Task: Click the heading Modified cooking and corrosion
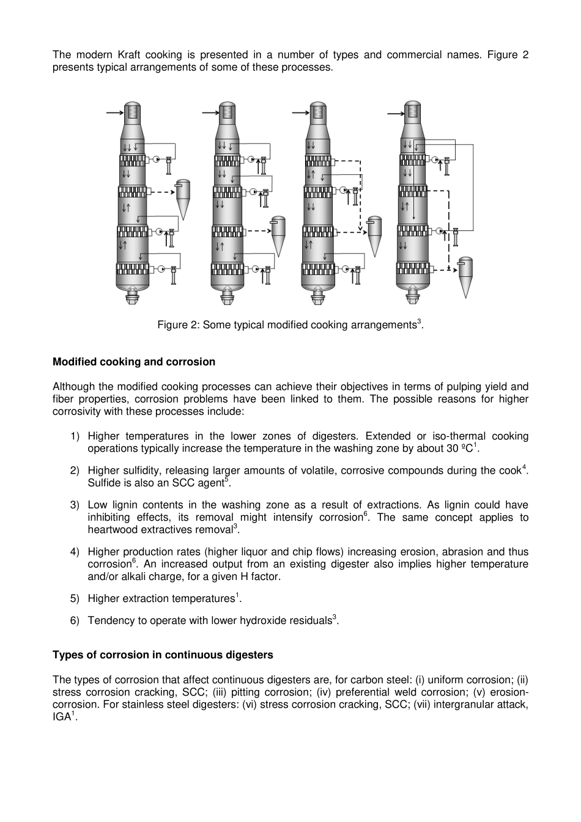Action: click(x=134, y=362)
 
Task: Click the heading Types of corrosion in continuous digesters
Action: click(x=163, y=655)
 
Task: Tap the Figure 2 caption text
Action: click(x=290, y=325)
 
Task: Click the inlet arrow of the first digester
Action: click(x=114, y=112)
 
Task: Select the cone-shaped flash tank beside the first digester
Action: click(x=182, y=199)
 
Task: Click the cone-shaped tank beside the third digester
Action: click(x=374, y=235)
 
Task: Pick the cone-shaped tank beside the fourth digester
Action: click(x=466, y=276)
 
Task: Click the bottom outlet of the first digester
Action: click(x=133, y=298)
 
